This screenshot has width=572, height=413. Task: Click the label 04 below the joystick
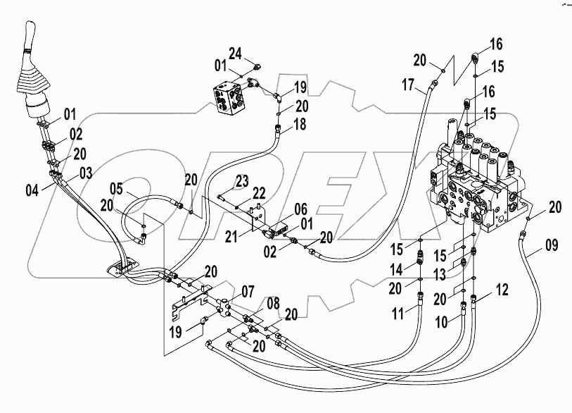115,188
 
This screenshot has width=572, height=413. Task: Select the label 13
395,269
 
